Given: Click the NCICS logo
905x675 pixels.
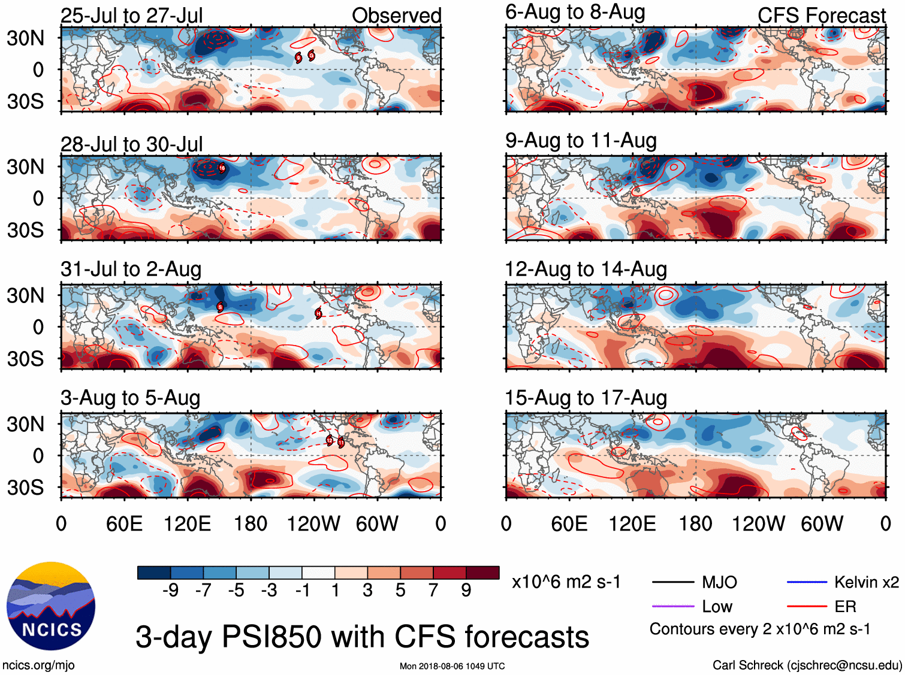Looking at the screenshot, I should [x=51, y=606].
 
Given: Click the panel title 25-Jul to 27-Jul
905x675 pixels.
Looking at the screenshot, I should [x=131, y=16].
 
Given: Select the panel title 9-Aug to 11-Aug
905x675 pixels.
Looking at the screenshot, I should [x=581, y=141].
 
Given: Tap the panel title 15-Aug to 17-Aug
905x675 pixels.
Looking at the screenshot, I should [x=586, y=398].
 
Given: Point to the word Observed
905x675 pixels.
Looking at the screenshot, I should [x=396, y=16].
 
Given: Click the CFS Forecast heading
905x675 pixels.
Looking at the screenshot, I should [x=821, y=16].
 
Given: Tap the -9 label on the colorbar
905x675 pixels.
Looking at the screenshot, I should [x=170, y=591].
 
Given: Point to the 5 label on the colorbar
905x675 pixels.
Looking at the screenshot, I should [x=400, y=591].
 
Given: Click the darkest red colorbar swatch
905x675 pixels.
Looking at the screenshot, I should [x=482, y=573].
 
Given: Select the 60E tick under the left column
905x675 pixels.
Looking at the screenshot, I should [x=124, y=524].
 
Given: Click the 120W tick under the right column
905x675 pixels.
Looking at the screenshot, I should [x=758, y=524].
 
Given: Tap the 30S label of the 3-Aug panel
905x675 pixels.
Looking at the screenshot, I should [x=25, y=488].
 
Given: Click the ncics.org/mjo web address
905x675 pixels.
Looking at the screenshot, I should [x=38, y=665].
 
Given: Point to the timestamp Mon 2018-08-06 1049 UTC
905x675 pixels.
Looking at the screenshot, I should [x=452, y=666].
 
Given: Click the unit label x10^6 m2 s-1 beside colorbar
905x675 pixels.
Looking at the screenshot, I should [x=566, y=582].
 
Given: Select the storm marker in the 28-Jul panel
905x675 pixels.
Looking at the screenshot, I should [x=222, y=168].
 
